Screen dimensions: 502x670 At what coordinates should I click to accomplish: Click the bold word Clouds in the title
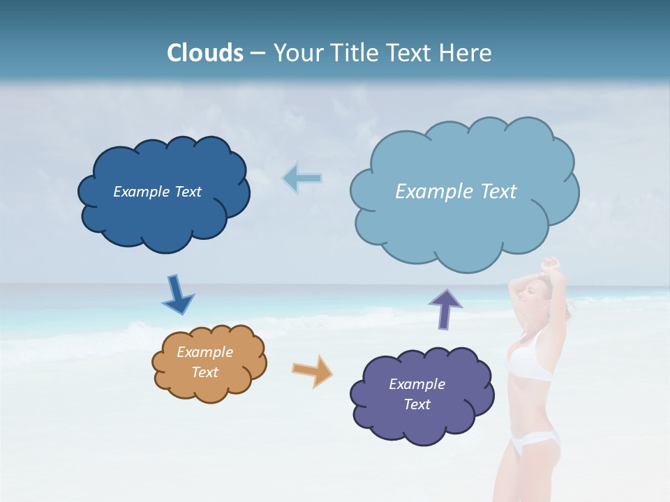point(205,53)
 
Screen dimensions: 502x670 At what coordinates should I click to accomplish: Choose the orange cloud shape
point(209,387)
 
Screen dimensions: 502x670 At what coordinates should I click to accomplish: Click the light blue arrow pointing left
point(302,178)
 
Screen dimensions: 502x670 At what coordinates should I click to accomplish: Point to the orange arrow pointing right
point(312,370)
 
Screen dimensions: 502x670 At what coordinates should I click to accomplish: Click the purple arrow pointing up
point(445,309)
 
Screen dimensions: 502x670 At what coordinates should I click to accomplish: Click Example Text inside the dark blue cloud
point(157,192)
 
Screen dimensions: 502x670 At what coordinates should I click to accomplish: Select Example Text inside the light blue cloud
point(456,192)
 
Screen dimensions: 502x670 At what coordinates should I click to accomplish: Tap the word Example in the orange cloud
point(204,352)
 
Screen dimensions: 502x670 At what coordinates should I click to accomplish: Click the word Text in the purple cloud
point(417,404)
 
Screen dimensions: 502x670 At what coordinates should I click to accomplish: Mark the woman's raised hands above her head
point(551,264)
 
